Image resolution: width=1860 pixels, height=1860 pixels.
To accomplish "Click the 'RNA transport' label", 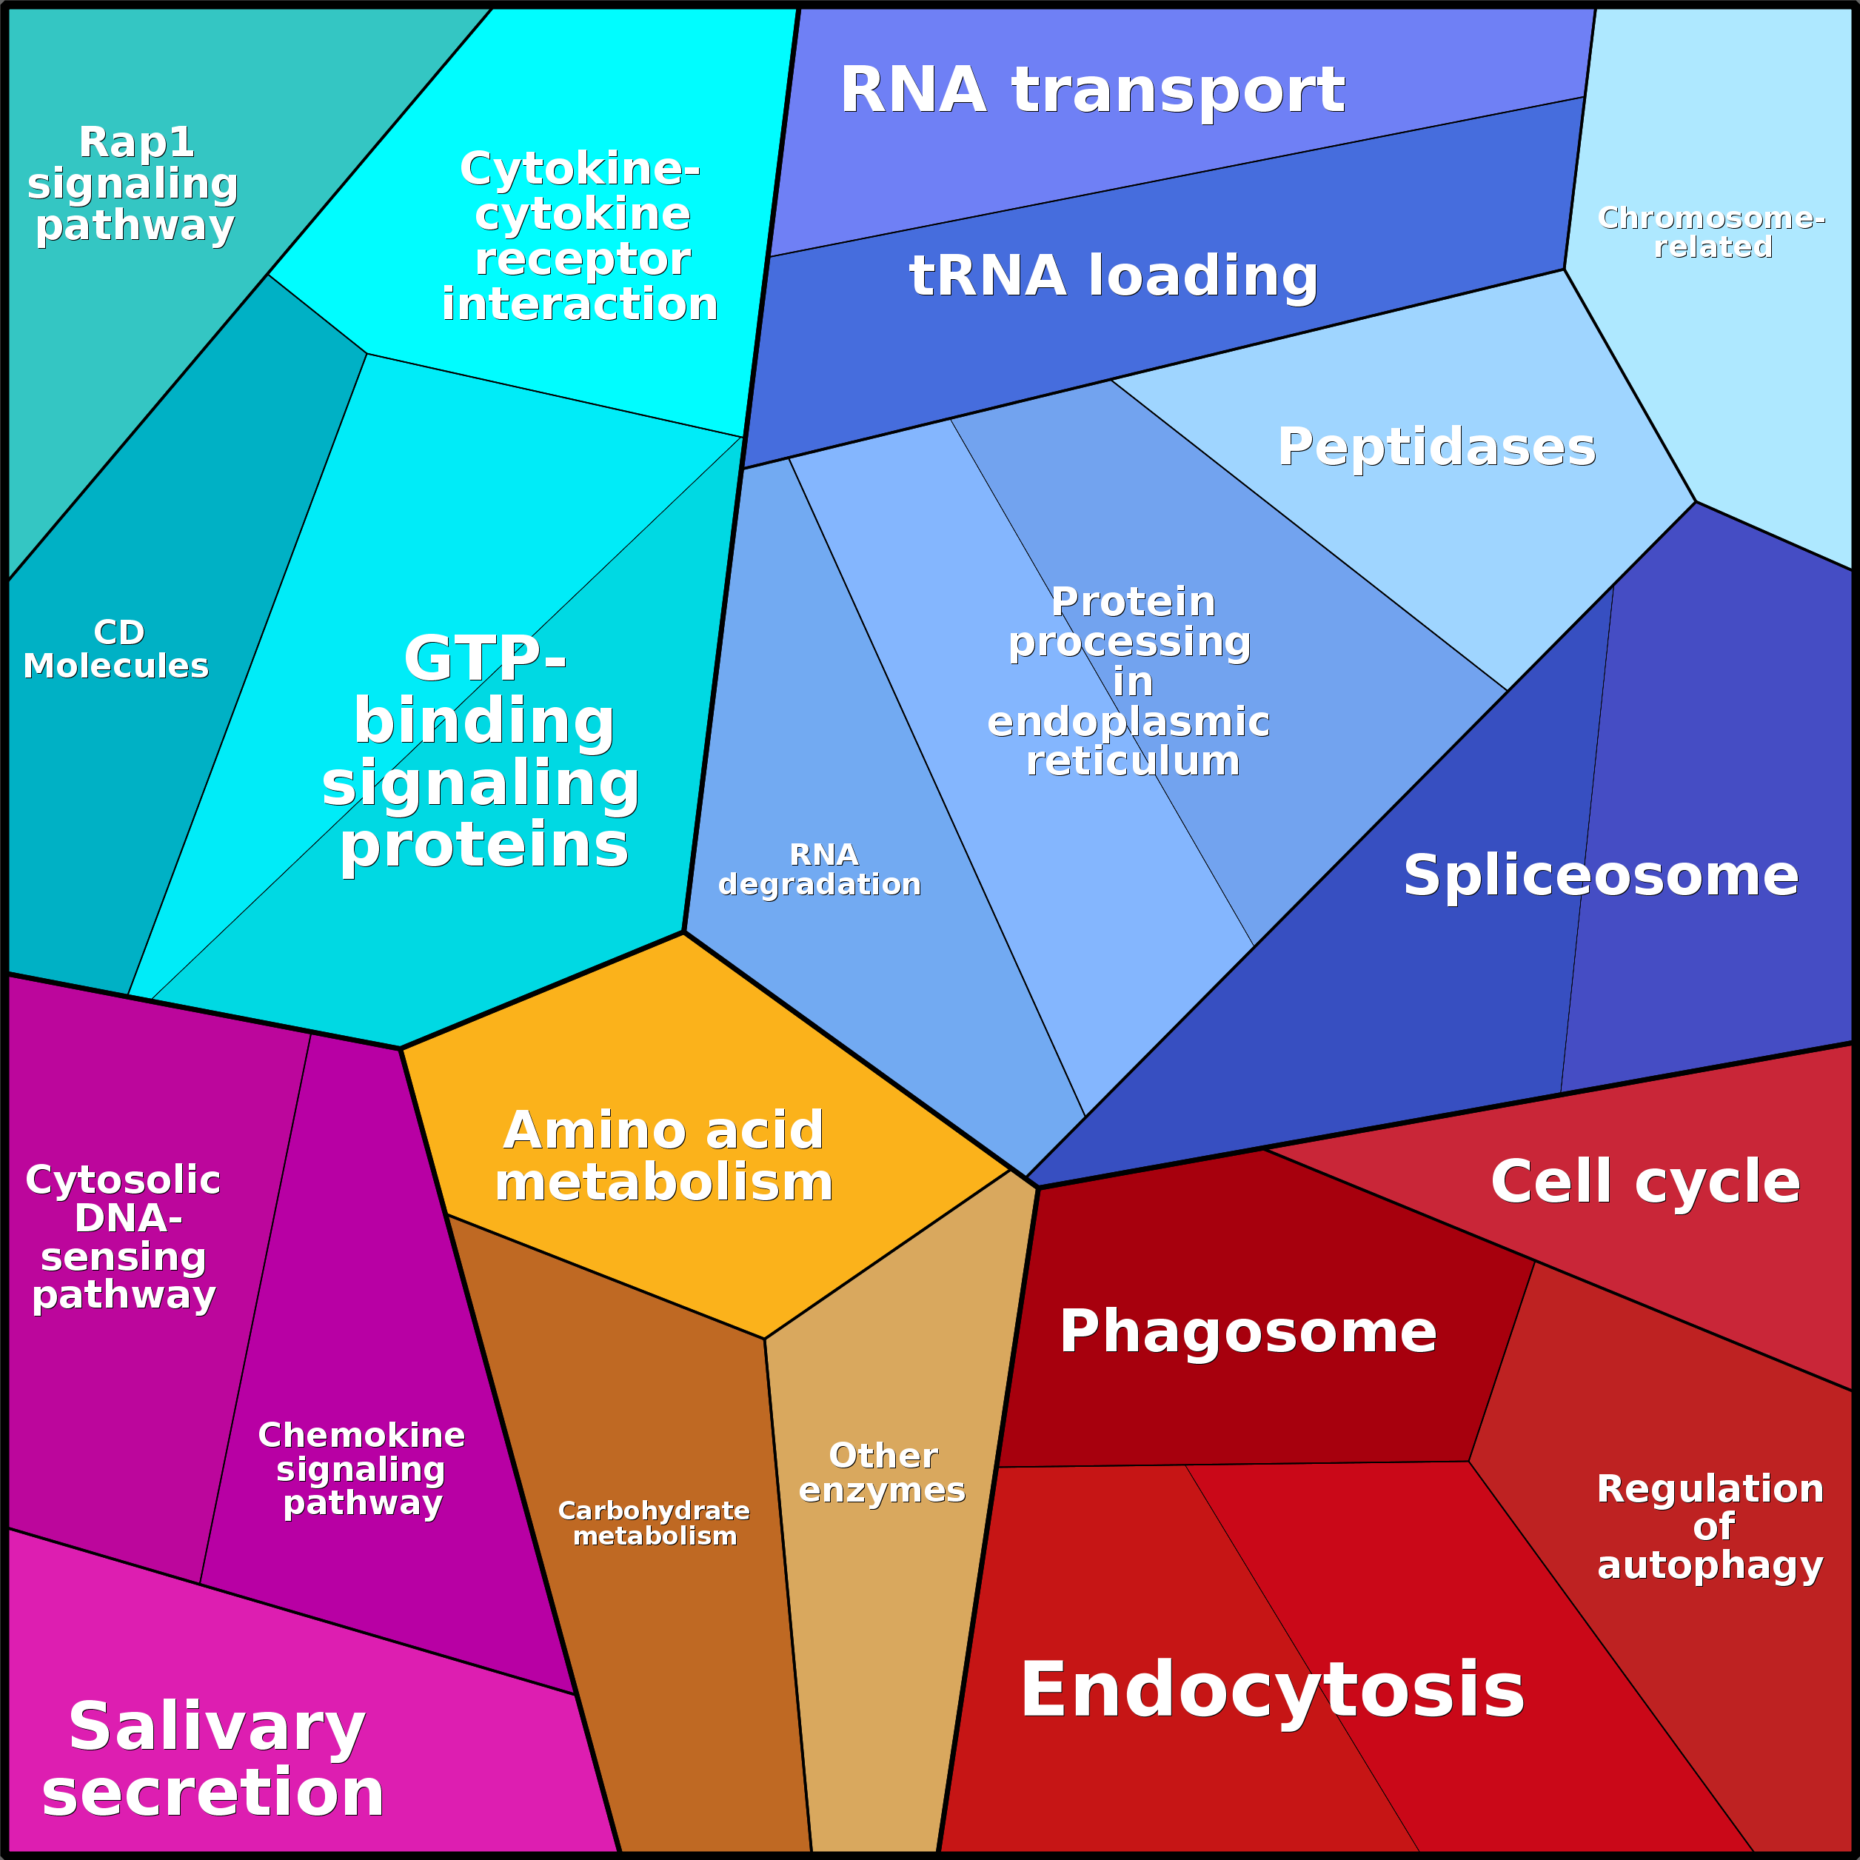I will tap(1091, 90).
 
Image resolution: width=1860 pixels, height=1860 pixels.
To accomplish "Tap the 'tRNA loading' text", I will tap(1113, 275).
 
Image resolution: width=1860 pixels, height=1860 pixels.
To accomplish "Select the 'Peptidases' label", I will tap(1436, 446).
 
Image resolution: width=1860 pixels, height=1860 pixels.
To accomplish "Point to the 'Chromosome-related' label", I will tap(1710, 232).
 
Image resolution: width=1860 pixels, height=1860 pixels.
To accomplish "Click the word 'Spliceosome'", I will tap(1600, 875).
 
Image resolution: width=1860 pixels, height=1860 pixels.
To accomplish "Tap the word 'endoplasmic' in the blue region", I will tap(1128, 721).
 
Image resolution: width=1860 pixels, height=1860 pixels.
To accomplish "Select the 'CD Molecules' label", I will tap(116, 649).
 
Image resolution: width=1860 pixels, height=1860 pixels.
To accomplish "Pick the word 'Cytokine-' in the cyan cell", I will tap(580, 170).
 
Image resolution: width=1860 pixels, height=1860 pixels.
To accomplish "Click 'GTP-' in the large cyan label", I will tap(485, 658).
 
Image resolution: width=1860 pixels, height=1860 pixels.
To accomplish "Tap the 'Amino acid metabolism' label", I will tap(663, 1157).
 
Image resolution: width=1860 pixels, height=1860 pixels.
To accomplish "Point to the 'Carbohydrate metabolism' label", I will tap(654, 1523).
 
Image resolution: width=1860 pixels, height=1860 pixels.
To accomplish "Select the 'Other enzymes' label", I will tap(882, 1473).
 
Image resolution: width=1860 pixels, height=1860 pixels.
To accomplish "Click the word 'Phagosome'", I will tap(1248, 1331).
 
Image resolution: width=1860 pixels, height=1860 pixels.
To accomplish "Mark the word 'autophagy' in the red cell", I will tap(1710, 1565).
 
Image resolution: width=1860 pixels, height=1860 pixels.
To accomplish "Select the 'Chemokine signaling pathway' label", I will tap(362, 1468).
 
